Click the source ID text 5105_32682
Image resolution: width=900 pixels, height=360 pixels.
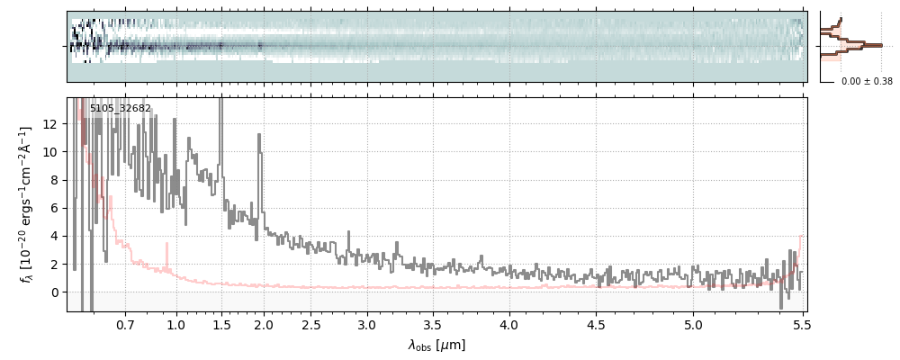coord(121,109)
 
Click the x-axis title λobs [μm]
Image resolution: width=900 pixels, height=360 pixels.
coord(436,345)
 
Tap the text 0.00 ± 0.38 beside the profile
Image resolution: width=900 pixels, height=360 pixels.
coord(866,82)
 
